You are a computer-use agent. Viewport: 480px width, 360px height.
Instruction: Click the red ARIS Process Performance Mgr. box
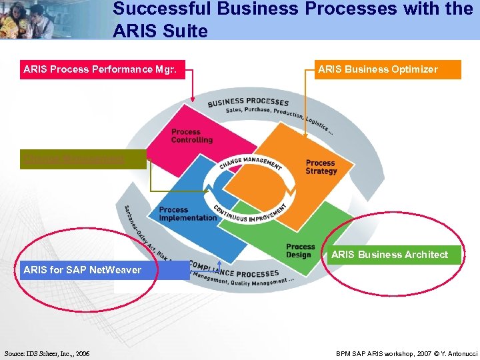(103, 69)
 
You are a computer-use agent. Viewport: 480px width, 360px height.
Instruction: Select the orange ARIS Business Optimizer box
(387, 69)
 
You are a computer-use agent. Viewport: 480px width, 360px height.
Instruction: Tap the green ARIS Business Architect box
(393, 255)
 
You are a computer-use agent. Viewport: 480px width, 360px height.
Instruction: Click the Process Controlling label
(191, 136)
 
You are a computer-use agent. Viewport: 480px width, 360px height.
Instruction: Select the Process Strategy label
(321, 167)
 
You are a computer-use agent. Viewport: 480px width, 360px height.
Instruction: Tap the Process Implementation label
(187, 214)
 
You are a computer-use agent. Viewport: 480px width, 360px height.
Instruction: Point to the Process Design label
(300, 251)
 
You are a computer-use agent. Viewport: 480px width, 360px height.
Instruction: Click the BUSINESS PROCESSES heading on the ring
(248, 102)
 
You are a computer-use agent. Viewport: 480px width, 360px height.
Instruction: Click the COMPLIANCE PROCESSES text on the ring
(233, 269)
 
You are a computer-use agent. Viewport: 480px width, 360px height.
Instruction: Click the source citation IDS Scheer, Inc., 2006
(47, 353)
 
